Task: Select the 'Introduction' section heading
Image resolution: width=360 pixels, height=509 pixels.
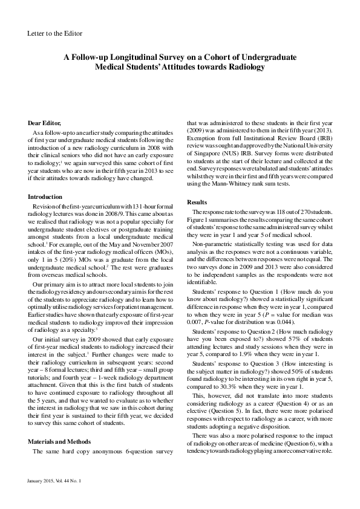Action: click(45, 196)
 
